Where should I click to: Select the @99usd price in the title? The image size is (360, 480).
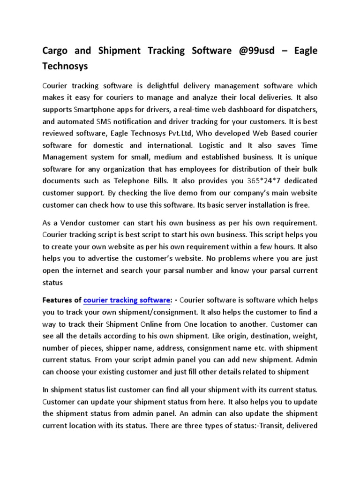[x=251, y=51]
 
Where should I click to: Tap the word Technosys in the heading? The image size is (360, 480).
[x=66, y=67]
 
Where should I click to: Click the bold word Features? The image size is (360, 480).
[x=58, y=300]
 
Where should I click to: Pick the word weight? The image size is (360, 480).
[x=303, y=336]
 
